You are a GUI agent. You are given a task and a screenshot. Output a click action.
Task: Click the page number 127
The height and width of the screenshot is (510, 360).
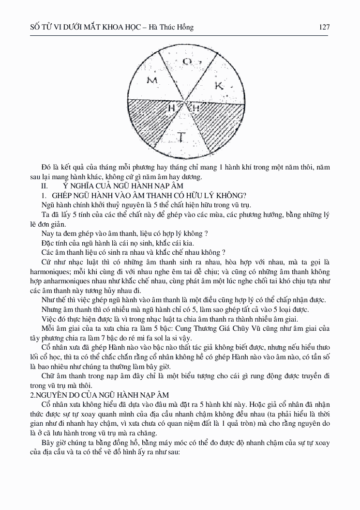pos(324,27)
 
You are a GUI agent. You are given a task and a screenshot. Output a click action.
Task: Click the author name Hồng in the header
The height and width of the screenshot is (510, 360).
pos(184,27)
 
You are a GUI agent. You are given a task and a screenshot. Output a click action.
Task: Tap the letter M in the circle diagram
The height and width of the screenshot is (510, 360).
pos(152,80)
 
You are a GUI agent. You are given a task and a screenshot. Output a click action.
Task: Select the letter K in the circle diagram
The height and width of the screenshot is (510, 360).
pos(219,86)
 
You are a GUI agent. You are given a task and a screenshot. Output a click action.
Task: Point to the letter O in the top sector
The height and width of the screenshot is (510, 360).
pos(187,62)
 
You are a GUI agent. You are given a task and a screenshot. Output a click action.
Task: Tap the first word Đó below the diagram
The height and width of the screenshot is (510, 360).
pos(47,168)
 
